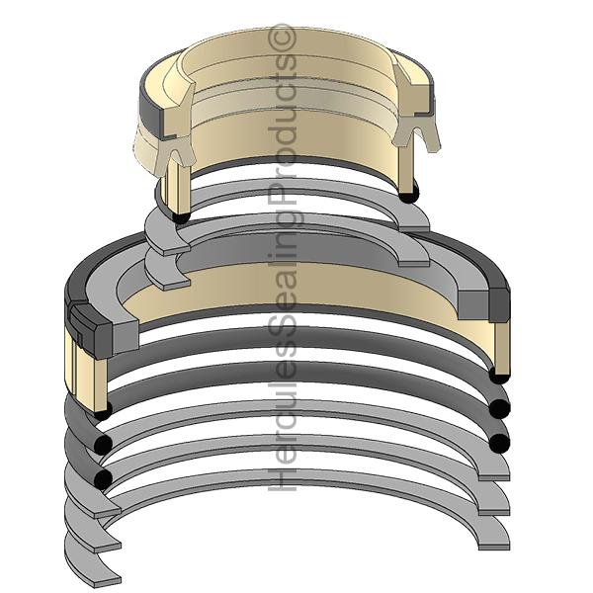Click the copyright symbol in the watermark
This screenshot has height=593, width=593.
282,38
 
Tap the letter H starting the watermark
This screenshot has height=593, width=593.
282,478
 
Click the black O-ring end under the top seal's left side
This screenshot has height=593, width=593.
181,217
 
